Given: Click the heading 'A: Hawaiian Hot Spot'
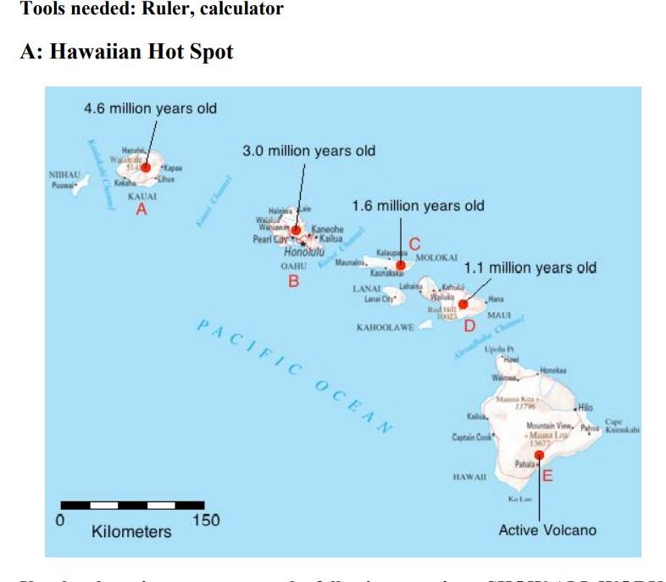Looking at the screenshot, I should (x=126, y=52).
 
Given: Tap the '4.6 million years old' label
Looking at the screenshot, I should (x=150, y=109).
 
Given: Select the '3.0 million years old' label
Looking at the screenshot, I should (x=308, y=151).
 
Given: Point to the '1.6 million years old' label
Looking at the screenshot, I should (x=418, y=205).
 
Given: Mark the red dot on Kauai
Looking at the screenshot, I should (x=146, y=168).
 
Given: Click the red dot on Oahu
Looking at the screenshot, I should (x=297, y=229).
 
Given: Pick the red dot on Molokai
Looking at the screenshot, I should (x=400, y=266).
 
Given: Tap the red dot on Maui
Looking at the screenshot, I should (x=463, y=303).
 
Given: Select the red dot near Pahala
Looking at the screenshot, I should (x=539, y=456).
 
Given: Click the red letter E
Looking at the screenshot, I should (x=547, y=476).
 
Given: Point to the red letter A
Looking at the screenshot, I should (x=142, y=209).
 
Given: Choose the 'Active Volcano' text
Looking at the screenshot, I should (x=547, y=530).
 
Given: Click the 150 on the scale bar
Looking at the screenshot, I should (x=206, y=520).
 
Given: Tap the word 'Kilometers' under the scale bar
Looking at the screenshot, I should (x=131, y=532).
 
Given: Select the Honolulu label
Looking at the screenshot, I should (x=303, y=252).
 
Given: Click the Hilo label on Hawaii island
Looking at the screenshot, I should (x=586, y=408).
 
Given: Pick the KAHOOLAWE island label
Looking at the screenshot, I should (x=386, y=327).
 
